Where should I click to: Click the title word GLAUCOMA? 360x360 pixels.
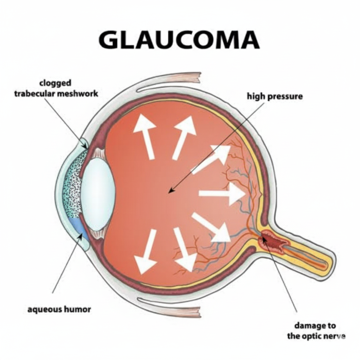[179, 40]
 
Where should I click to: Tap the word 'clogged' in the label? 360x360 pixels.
[55, 83]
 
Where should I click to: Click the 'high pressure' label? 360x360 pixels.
[275, 96]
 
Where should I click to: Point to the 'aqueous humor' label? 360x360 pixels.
[59, 310]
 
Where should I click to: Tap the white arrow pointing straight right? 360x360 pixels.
[222, 194]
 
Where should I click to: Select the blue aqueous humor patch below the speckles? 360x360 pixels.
[78, 226]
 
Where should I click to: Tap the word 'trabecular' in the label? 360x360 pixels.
[34, 94]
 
